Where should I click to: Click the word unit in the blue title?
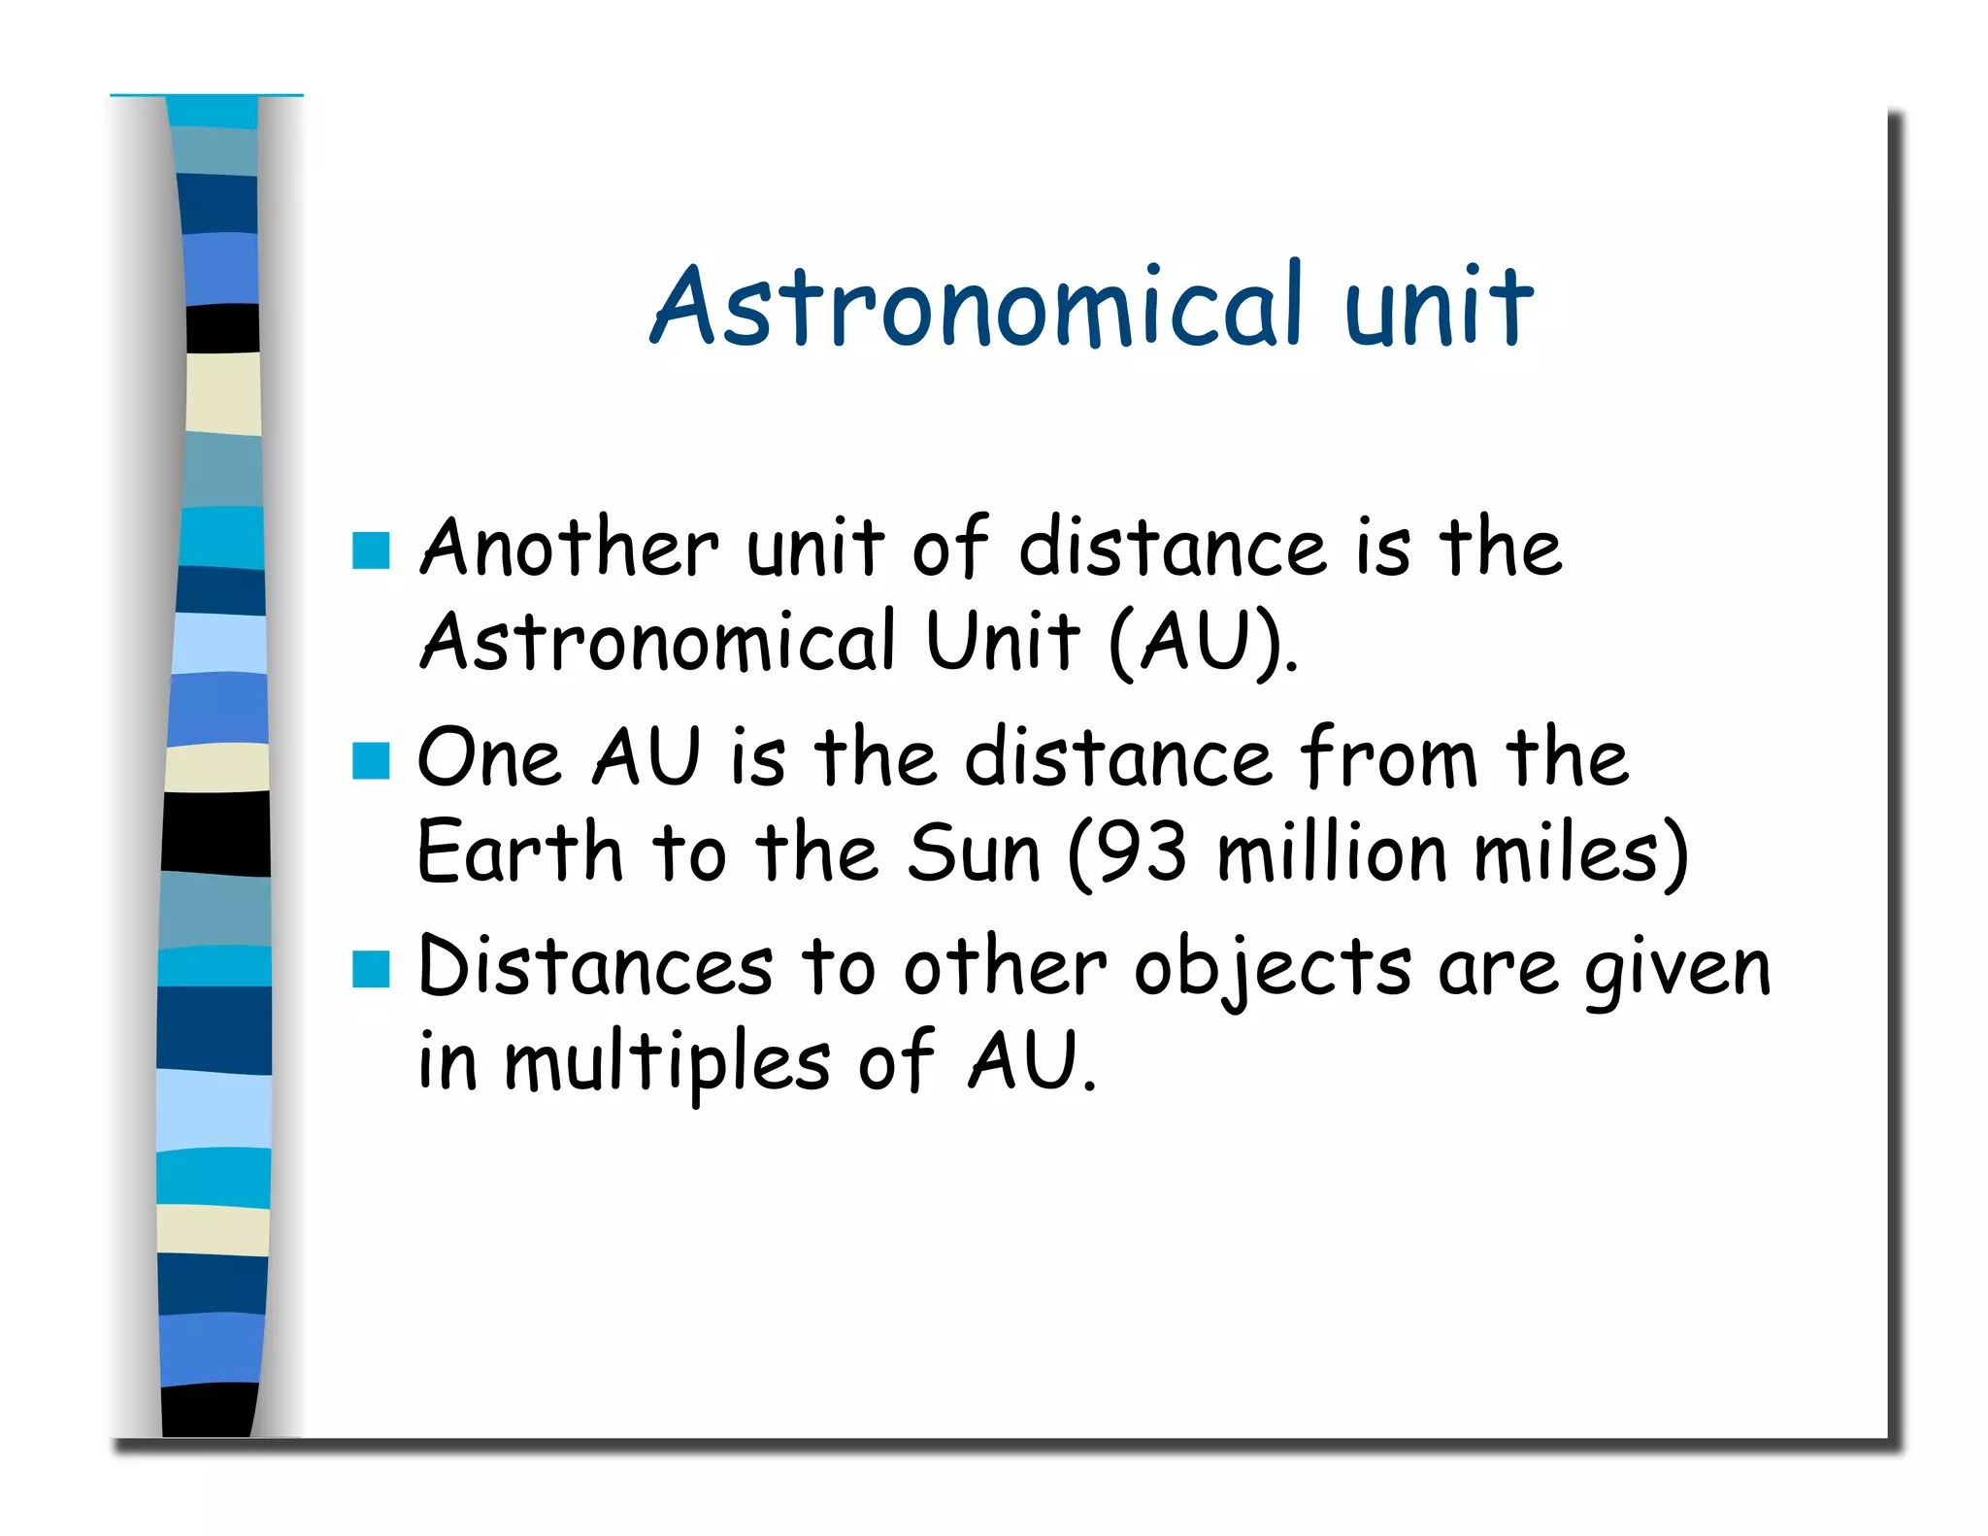[x=1440, y=305]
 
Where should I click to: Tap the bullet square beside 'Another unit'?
[x=371, y=551]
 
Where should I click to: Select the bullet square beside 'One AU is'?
[x=371, y=760]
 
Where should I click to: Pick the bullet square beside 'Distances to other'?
[x=371, y=969]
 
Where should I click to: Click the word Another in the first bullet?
[x=569, y=549]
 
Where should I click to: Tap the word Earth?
[x=519, y=852]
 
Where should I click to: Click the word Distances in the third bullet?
[x=595, y=967]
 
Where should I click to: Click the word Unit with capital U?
[x=1002, y=642]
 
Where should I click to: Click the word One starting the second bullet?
[x=489, y=758]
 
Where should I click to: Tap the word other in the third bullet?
[x=1005, y=967]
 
